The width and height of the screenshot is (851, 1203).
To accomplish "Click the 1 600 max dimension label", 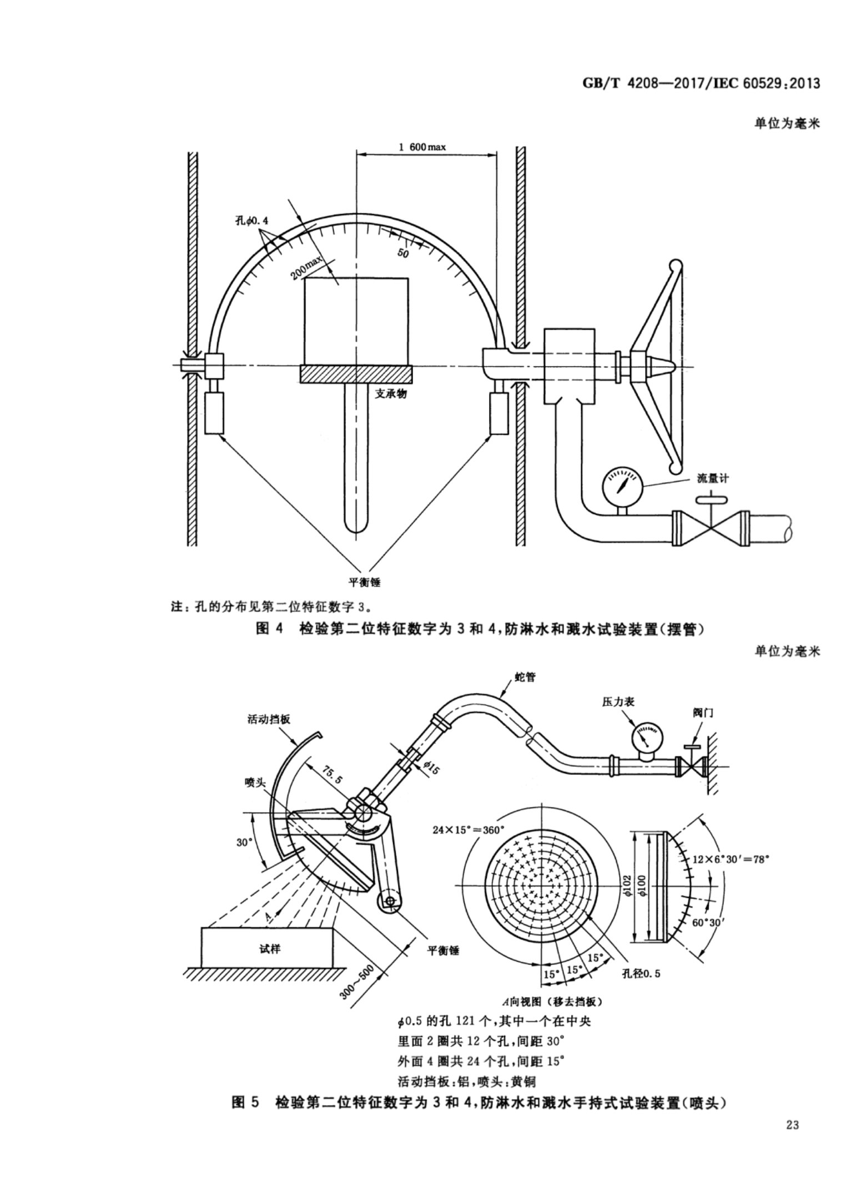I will click(422, 147).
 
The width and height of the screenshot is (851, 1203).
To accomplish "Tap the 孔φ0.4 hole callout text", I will click(251, 220).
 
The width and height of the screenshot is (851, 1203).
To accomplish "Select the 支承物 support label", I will click(391, 393).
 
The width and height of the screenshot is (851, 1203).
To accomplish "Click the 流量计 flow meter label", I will click(712, 479).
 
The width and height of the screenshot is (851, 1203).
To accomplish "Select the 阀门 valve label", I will click(703, 712).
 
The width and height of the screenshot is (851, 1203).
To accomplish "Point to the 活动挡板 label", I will click(269, 719).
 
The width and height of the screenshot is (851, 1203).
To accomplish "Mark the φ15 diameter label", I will click(430, 769).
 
